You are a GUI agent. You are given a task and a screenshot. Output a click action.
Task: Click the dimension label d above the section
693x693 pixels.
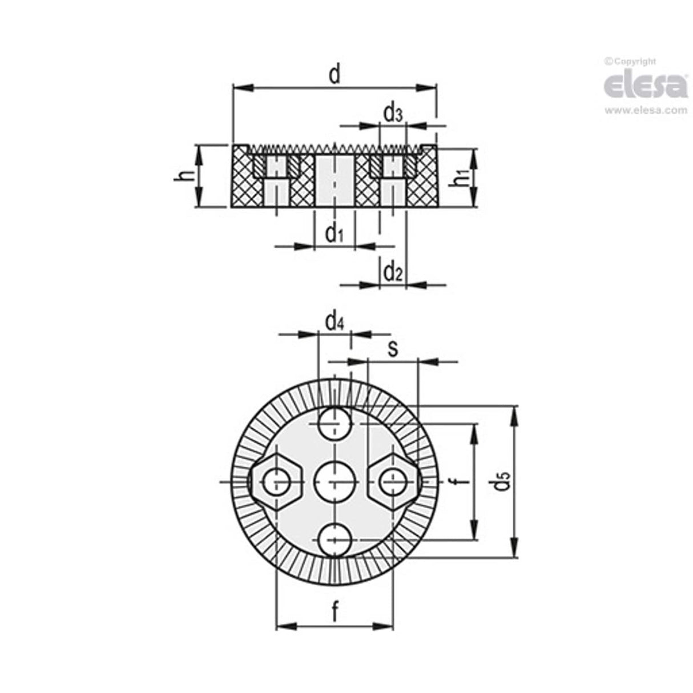click(x=335, y=75)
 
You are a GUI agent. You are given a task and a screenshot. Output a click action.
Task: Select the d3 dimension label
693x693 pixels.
click(x=393, y=114)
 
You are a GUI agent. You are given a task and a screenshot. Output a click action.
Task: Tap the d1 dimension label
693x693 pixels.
click(x=334, y=233)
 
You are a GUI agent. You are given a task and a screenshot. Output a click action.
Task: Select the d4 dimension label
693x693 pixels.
click(x=335, y=323)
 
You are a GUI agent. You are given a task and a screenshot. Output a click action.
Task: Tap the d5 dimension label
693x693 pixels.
click(x=500, y=482)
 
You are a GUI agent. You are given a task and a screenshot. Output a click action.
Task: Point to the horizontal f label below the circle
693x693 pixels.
click(x=335, y=612)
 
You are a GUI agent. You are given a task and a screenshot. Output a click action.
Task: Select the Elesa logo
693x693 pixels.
click(x=646, y=85)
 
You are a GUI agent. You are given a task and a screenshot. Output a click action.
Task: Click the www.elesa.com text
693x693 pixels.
click(x=646, y=111)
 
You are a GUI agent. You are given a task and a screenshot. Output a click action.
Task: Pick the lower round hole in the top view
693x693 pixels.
click(x=335, y=540)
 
